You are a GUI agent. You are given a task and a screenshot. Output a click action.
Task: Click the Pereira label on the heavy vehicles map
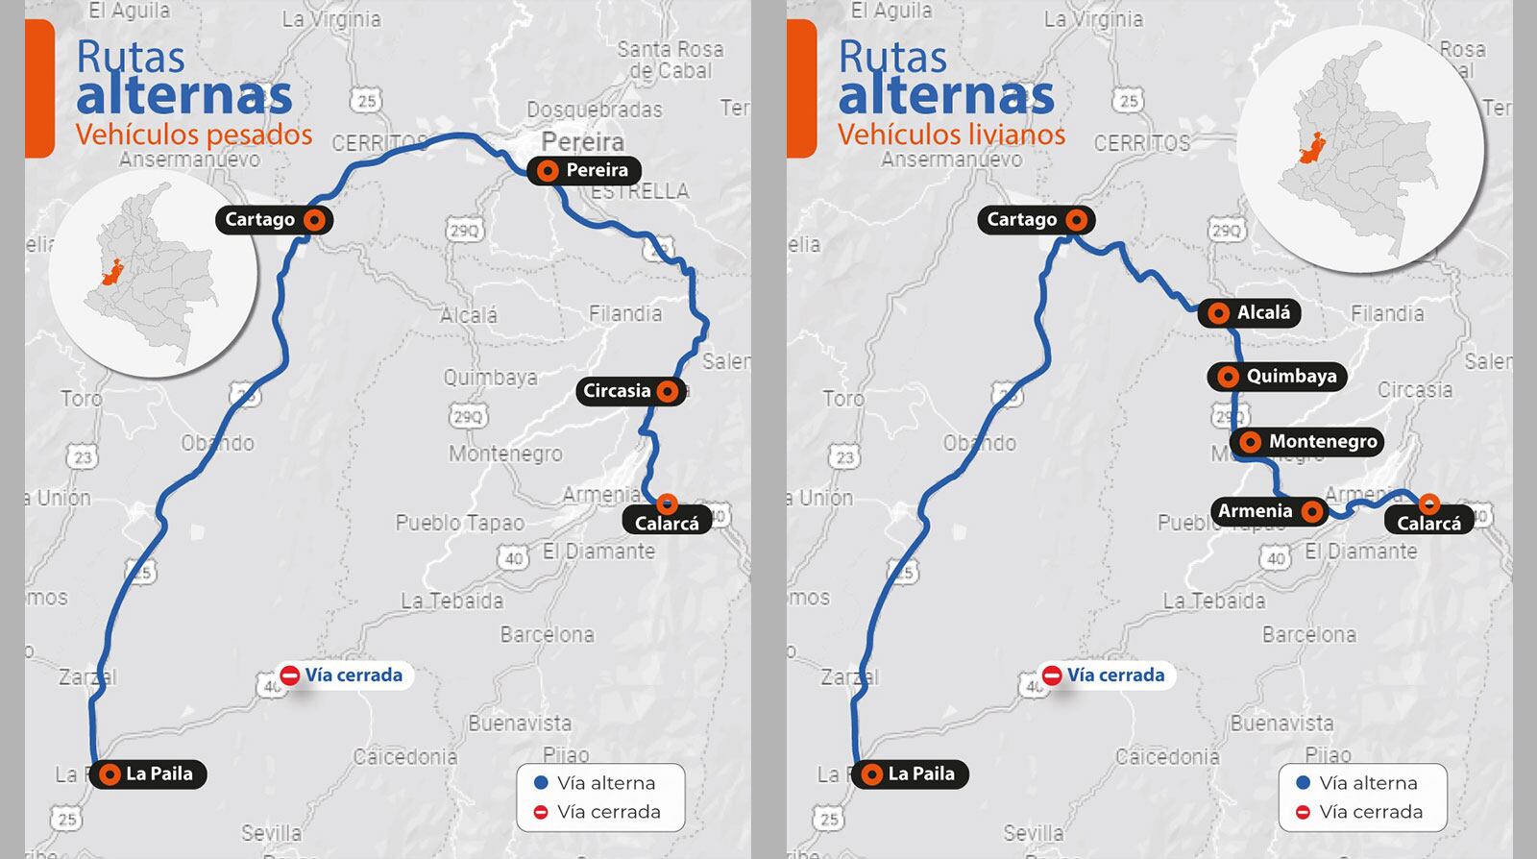584,170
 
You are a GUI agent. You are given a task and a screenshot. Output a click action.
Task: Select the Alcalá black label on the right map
1250,312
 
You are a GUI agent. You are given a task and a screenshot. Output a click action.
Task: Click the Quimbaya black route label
1277,376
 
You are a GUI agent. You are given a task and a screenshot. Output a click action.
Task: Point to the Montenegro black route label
1307,441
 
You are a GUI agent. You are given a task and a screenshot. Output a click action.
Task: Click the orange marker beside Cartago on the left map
314,219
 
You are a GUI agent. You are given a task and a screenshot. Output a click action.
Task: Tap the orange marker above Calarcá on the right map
1428,503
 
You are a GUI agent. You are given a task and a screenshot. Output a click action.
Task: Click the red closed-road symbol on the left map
290,675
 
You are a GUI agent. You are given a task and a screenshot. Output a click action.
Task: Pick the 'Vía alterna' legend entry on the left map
595,783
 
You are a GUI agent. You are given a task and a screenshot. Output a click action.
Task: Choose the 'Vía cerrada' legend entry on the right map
1359,812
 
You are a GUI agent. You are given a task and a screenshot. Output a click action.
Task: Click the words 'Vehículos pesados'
194,134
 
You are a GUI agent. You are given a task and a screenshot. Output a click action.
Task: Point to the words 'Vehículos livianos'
951,134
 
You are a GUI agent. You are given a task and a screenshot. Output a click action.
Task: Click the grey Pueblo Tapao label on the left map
459,523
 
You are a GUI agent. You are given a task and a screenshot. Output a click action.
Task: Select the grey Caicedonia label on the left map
404,757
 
